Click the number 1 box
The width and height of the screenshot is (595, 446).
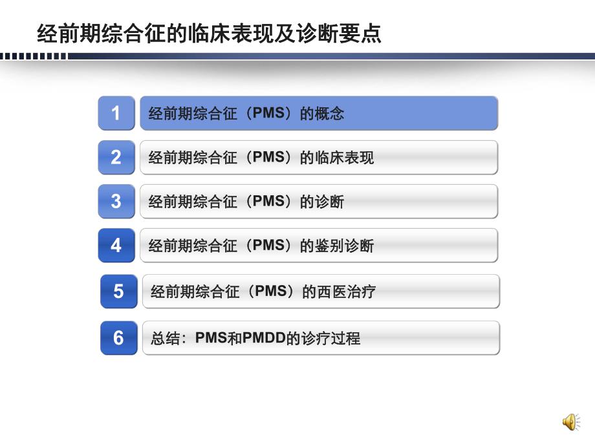pyautogui.click(x=116, y=113)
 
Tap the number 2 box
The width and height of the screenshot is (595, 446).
pyautogui.click(x=116, y=157)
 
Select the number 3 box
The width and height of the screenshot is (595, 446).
pyautogui.click(x=116, y=201)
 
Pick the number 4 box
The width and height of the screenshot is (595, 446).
pyautogui.click(x=116, y=245)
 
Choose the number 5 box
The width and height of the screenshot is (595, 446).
pyautogui.click(x=119, y=291)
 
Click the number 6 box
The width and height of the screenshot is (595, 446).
pyautogui.click(x=119, y=337)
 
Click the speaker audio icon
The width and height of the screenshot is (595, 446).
pyautogui.click(x=570, y=422)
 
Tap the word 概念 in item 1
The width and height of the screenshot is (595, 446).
pyautogui.click(x=330, y=114)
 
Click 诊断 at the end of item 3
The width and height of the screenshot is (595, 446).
pyautogui.click(x=330, y=202)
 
